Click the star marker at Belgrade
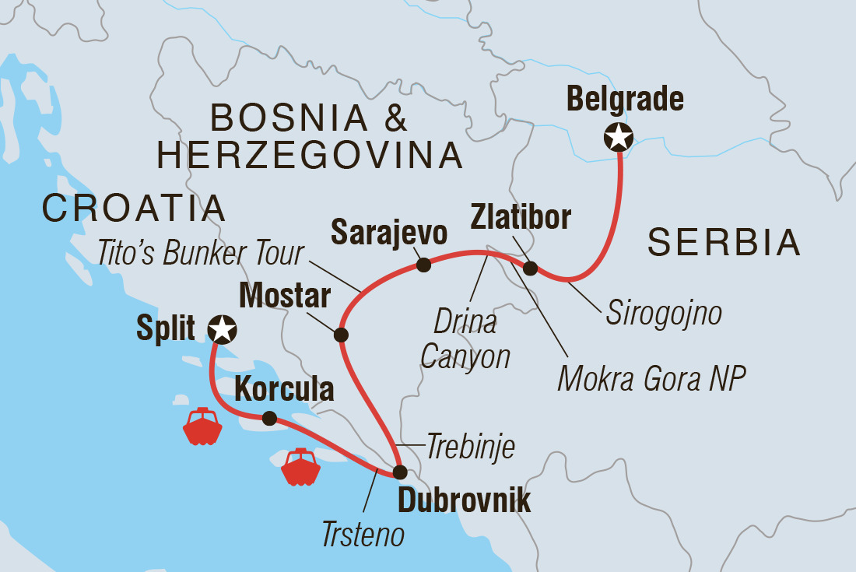[x=619, y=139]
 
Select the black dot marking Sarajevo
[x=423, y=265]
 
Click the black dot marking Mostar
[x=340, y=335]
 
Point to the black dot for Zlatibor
[x=530, y=269]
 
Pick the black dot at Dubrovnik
[x=399, y=472]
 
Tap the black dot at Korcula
[x=269, y=418]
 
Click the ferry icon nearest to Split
[x=202, y=426]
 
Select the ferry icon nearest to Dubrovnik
[x=301, y=467]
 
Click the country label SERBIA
[x=724, y=244]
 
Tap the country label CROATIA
[x=134, y=209]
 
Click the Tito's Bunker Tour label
[x=201, y=252]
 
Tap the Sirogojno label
[x=663, y=313]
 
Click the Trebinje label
[x=471, y=447]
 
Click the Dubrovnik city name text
[x=464, y=501]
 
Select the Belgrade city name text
[x=625, y=99]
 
